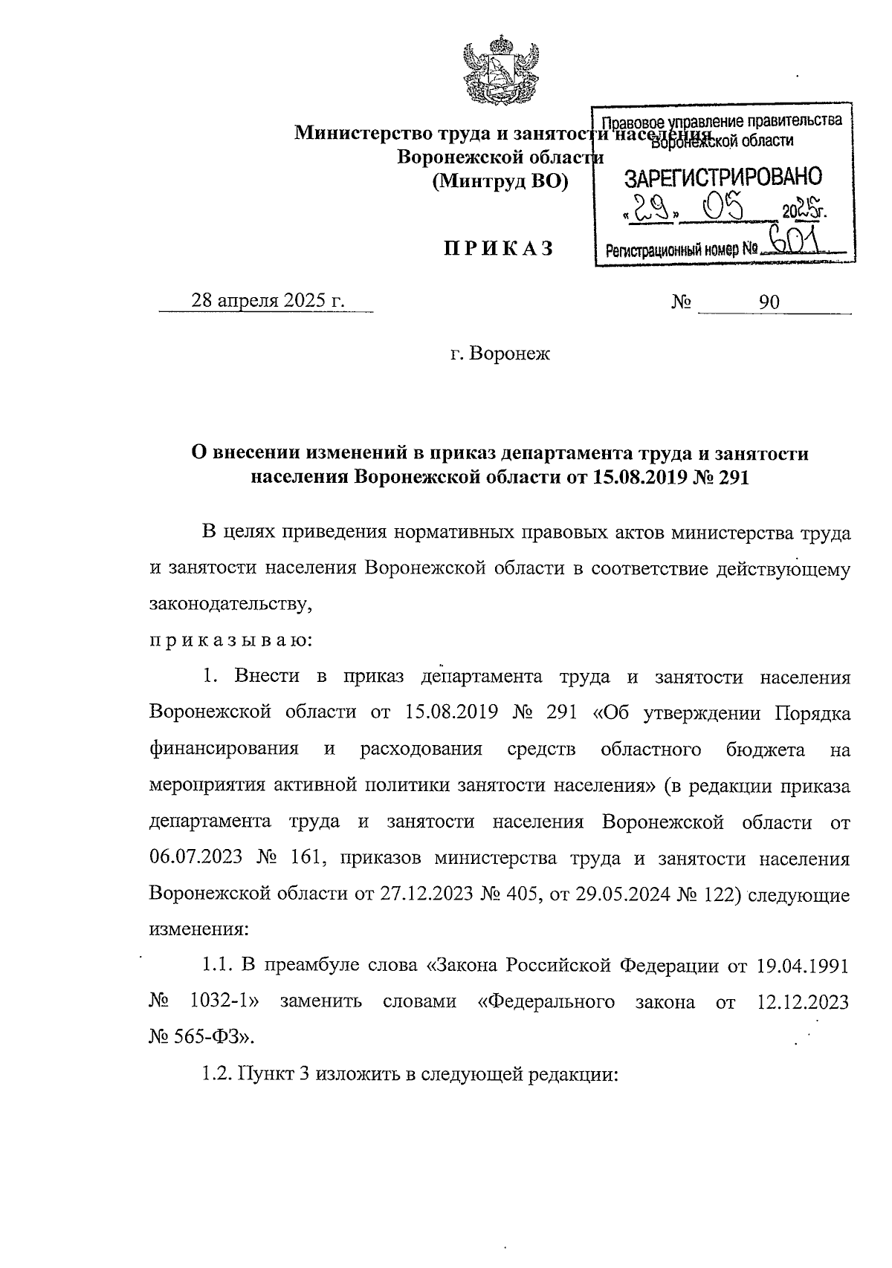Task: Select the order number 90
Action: point(769,302)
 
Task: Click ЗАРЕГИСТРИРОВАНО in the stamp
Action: point(723,178)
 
